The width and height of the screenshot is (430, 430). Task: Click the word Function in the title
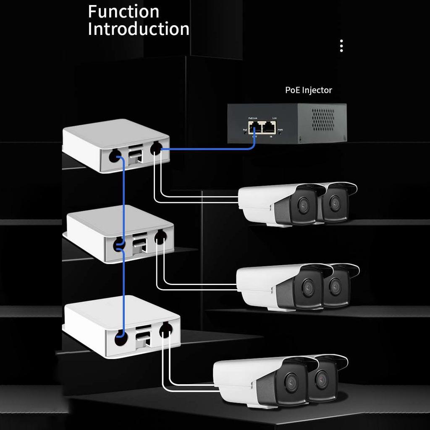[x=123, y=11]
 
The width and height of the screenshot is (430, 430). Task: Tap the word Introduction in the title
[x=139, y=29]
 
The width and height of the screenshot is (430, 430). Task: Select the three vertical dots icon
[x=341, y=46]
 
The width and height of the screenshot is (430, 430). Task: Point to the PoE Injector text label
[x=309, y=90]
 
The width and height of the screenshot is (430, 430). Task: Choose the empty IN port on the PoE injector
[x=269, y=127]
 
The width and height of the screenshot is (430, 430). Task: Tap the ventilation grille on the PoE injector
[x=323, y=119]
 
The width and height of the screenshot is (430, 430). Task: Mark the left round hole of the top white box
[x=115, y=157]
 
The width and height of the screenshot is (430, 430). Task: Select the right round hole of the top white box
[x=156, y=148]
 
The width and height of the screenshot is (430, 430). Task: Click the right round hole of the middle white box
[x=160, y=238]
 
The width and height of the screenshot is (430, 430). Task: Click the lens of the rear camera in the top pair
[x=335, y=204]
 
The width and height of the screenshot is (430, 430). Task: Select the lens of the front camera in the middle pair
[x=308, y=288]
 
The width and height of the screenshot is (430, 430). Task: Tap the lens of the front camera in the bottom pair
[x=291, y=382]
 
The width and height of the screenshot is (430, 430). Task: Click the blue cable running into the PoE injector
[x=210, y=149]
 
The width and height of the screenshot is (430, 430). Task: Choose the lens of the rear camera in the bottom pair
[x=322, y=380]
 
